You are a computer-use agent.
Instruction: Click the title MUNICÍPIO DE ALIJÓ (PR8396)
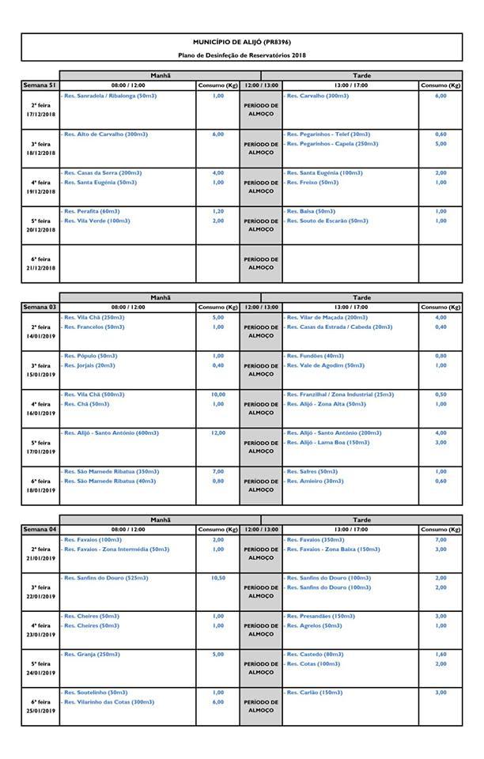point(247,41)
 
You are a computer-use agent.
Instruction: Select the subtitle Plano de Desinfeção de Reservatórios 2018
point(247,55)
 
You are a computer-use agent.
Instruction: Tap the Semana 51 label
point(39,85)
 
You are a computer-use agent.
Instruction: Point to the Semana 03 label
point(39,307)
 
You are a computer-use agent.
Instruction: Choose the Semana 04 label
point(39,528)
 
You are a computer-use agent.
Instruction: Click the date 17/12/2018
point(40,114)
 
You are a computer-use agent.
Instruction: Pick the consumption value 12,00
point(217,433)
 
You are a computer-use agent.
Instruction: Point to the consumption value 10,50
point(217,578)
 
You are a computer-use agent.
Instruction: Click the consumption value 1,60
point(441,655)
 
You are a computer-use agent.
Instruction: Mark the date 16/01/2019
point(40,413)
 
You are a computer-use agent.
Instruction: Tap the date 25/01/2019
point(40,712)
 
